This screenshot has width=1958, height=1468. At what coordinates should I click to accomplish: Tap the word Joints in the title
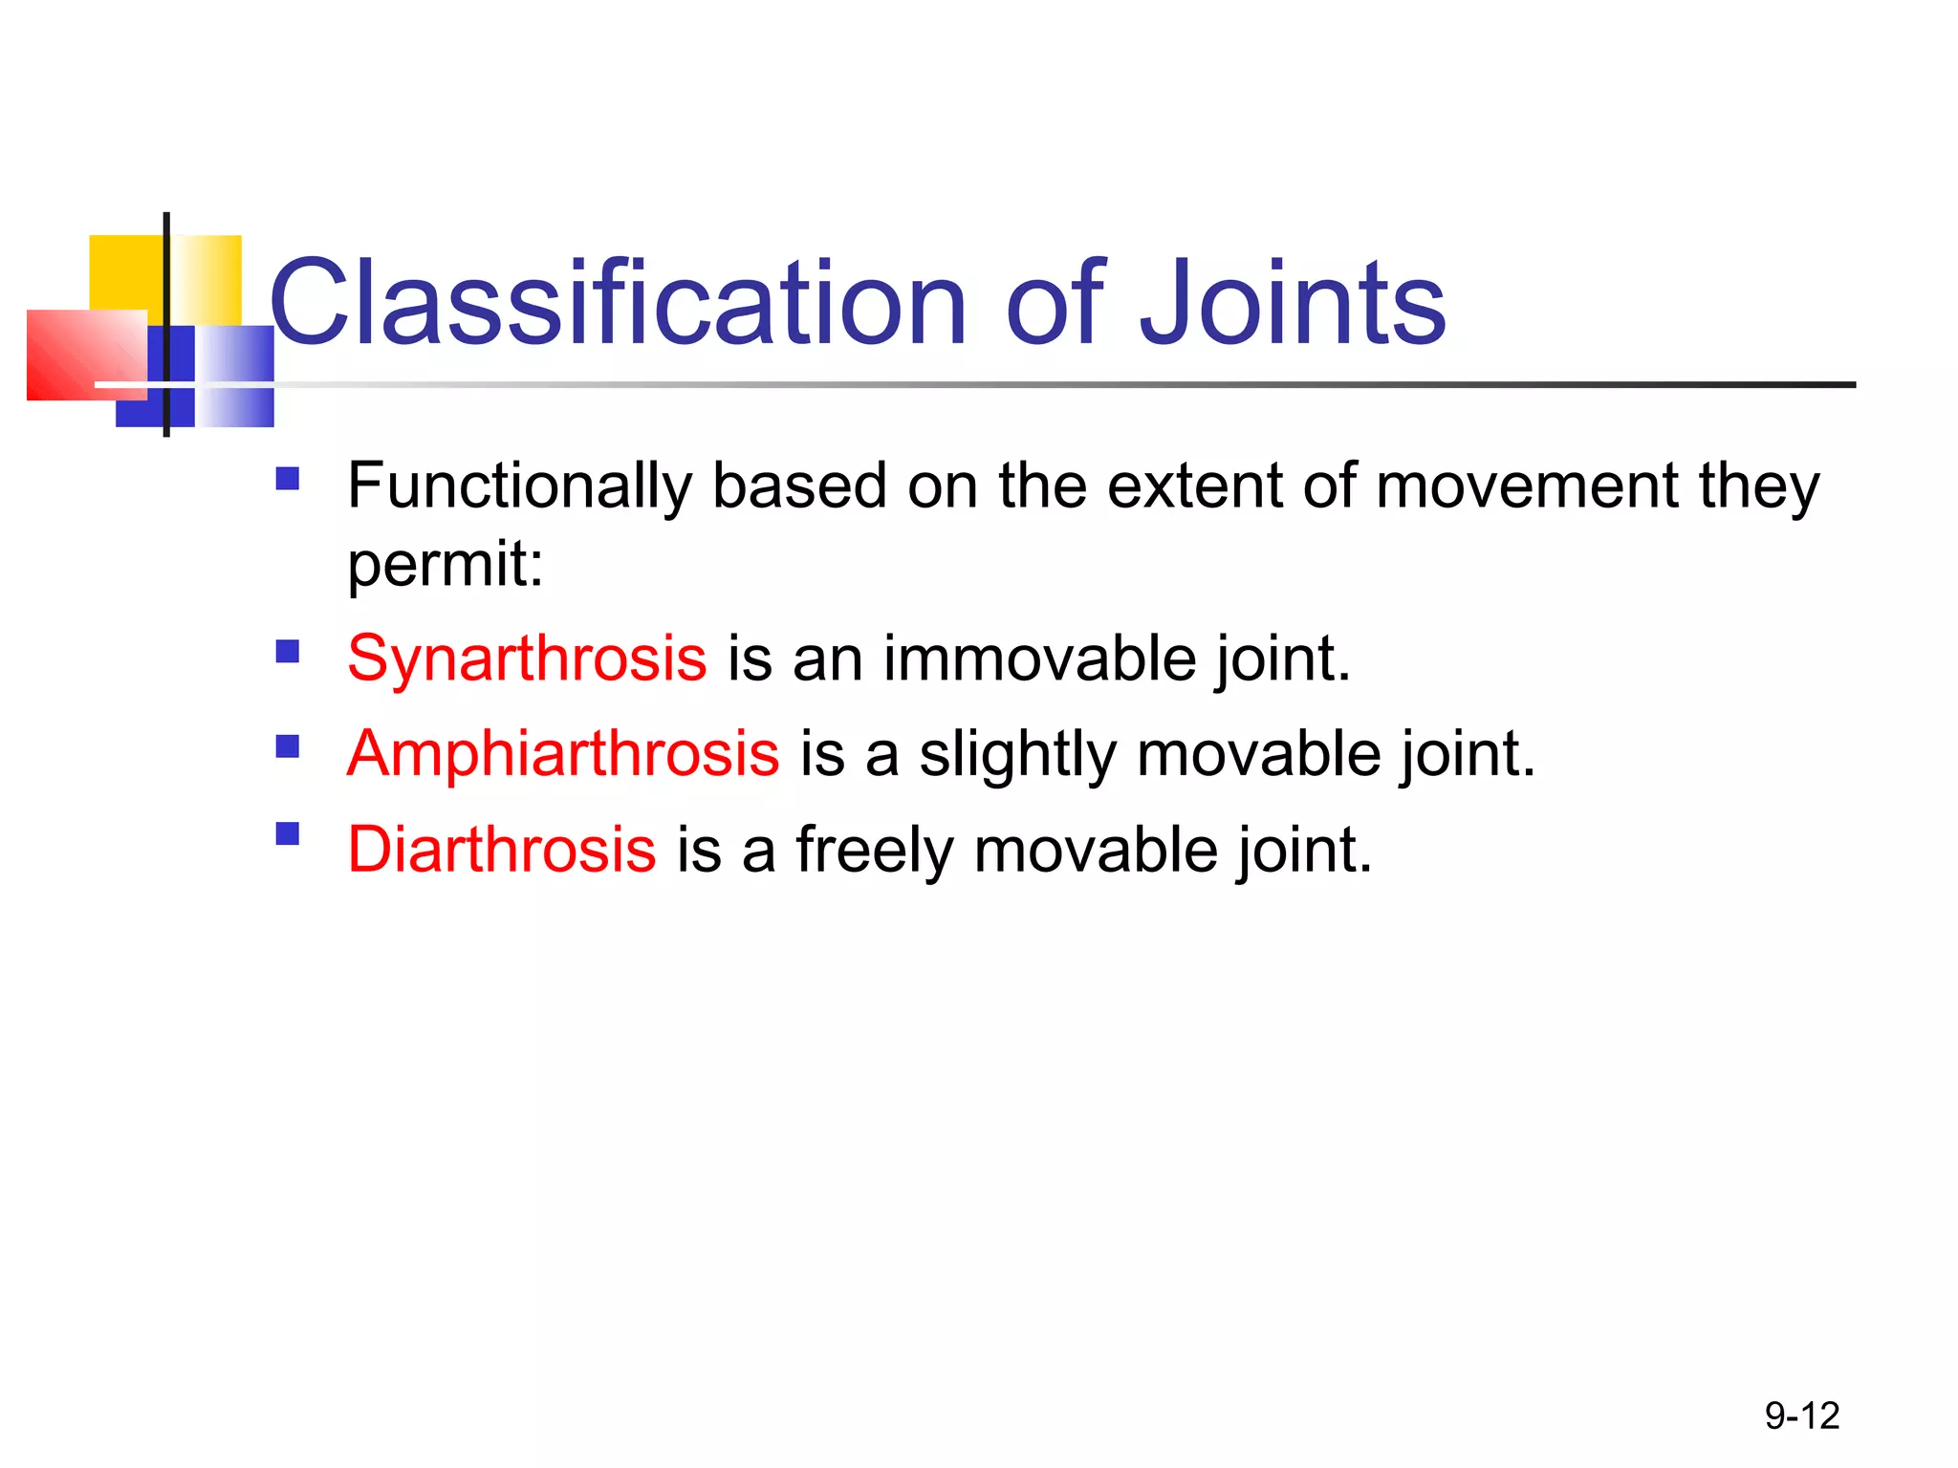click(x=1293, y=304)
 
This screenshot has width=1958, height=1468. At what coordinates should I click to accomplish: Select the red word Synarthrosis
click(x=527, y=658)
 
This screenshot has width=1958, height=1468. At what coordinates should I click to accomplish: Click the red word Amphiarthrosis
click(x=563, y=754)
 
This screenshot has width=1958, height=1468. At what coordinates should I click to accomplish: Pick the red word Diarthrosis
click(x=501, y=850)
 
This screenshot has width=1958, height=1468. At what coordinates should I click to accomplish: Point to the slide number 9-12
click(x=1801, y=1415)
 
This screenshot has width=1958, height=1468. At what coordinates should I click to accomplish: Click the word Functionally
click(x=519, y=486)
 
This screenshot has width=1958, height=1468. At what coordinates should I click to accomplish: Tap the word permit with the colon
click(x=445, y=564)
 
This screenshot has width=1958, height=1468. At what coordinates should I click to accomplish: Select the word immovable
click(x=1039, y=658)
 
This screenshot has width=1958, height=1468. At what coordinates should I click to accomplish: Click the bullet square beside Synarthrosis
click(x=287, y=652)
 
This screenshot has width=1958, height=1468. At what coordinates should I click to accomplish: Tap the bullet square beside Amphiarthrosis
click(x=287, y=746)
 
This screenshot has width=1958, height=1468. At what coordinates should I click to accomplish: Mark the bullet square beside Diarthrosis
click(x=287, y=834)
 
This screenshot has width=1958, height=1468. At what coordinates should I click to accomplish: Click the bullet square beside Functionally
click(x=287, y=478)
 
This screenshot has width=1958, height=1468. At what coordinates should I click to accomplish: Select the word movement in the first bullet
click(x=1526, y=486)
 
